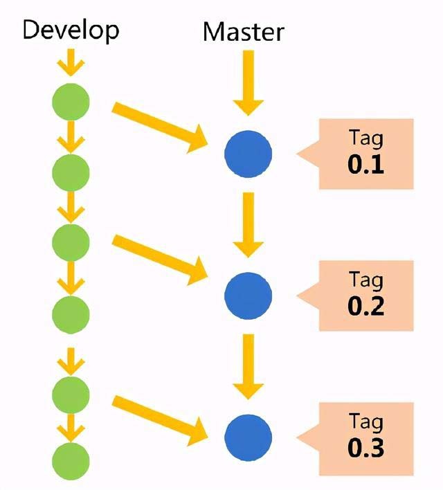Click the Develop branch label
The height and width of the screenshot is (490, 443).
click(71, 30)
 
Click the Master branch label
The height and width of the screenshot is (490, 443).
click(243, 32)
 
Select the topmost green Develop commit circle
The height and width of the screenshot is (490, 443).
click(71, 102)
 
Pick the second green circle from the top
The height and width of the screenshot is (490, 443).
click(71, 172)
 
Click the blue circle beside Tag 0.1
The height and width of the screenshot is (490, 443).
click(248, 153)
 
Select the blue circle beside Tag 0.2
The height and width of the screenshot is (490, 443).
click(248, 295)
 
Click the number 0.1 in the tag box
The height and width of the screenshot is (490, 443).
click(366, 165)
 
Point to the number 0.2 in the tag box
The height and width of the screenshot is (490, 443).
click(366, 306)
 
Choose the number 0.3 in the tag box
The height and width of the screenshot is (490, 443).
click(366, 448)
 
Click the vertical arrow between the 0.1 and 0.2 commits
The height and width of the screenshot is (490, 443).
click(248, 223)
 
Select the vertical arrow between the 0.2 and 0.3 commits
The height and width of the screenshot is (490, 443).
click(248, 365)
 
